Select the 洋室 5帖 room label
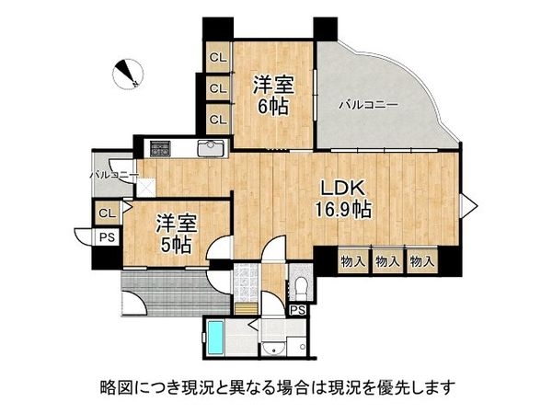174,234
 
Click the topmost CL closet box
218,58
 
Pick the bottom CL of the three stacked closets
218,119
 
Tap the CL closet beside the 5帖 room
107,213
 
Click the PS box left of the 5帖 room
107,237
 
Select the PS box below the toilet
296,311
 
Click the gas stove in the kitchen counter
160,146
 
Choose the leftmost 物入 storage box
352,260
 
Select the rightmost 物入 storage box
420,260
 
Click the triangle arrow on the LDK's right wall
467,204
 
